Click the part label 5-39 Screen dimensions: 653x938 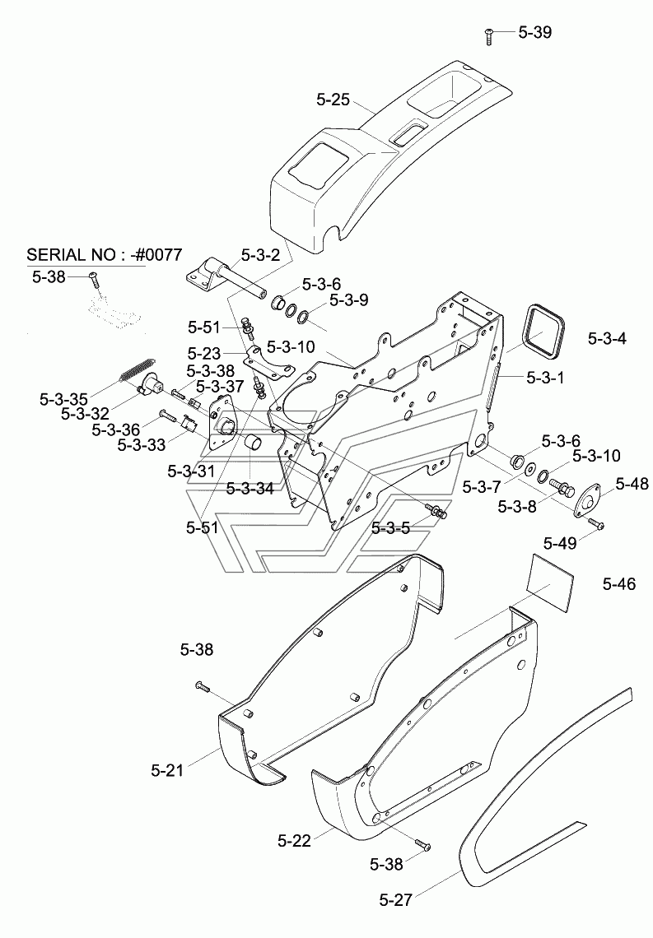coord(534,32)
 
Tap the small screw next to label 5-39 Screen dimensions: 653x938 coord(488,36)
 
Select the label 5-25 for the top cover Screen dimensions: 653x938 coord(333,100)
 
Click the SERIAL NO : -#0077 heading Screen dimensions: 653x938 coord(104,255)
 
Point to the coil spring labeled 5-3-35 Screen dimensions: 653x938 coord(137,370)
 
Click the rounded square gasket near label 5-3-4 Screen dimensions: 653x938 coord(543,332)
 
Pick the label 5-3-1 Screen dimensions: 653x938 coord(544,378)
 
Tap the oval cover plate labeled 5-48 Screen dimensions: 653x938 coord(586,499)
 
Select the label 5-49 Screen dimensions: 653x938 coord(560,543)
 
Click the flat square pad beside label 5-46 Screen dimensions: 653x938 coord(551,578)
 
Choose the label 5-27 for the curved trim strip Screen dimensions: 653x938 coord(395,899)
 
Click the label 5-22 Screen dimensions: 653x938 coord(295,841)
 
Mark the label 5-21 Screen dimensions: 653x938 coord(167,770)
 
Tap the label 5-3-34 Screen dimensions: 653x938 coord(250,489)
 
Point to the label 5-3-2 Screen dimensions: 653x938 coord(260,255)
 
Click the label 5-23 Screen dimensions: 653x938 coord(204,353)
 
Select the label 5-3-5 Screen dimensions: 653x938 coord(390,528)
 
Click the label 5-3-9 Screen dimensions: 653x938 coord(348,300)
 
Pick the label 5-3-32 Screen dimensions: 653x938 coord(85,413)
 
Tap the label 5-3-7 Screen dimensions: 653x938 coord(481,488)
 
